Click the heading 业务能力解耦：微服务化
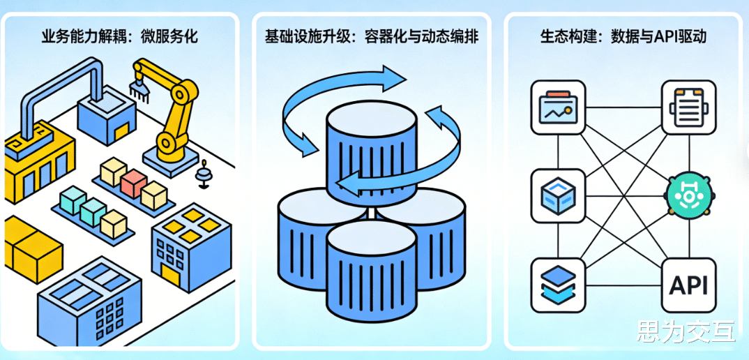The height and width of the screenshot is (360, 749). (x=119, y=36)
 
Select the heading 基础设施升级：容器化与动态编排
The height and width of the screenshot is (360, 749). (x=371, y=36)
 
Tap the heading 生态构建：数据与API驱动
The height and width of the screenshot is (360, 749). (x=623, y=36)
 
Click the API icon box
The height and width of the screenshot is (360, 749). (x=688, y=285)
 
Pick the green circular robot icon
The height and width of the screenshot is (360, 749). (x=688, y=196)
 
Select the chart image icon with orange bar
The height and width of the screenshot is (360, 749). (x=558, y=107)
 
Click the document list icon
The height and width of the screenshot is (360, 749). (x=688, y=107)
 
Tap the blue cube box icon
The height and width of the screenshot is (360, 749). (x=558, y=195)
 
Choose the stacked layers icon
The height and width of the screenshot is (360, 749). (x=558, y=285)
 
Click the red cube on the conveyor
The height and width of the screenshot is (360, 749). (x=133, y=183)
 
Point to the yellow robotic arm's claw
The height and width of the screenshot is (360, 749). (x=139, y=87)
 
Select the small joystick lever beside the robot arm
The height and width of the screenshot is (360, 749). (x=204, y=174)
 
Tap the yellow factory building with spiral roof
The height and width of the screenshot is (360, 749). (x=38, y=157)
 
